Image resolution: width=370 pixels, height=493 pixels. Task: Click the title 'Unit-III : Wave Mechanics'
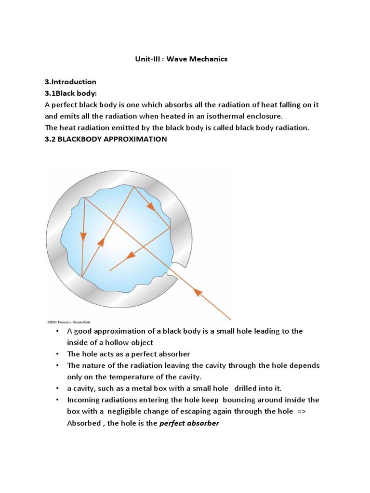click(x=181, y=59)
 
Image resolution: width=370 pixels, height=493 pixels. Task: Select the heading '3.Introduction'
click(x=70, y=82)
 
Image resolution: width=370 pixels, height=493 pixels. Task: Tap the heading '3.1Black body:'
click(x=71, y=93)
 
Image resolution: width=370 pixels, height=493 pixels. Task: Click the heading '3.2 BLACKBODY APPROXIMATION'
click(x=106, y=139)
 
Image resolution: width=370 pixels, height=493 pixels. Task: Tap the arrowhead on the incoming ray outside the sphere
click(x=197, y=291)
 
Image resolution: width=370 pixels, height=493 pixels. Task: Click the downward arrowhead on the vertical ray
click(x=83, y=236)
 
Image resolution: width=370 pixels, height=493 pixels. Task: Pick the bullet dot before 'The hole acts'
click(x=57, y=354)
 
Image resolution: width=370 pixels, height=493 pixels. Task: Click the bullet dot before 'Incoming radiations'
click(x=57, y=400)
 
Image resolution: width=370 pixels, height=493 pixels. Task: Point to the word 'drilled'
click(x=247, y=388)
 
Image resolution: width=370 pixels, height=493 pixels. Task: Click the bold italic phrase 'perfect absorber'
click(x=189, y=423)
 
